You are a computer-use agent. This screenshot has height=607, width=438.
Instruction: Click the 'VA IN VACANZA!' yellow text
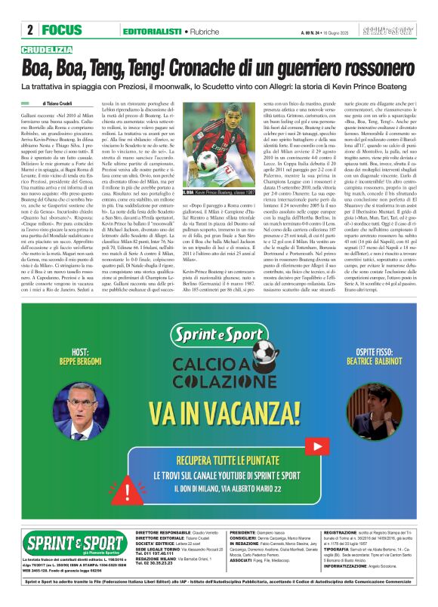(219, 414)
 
